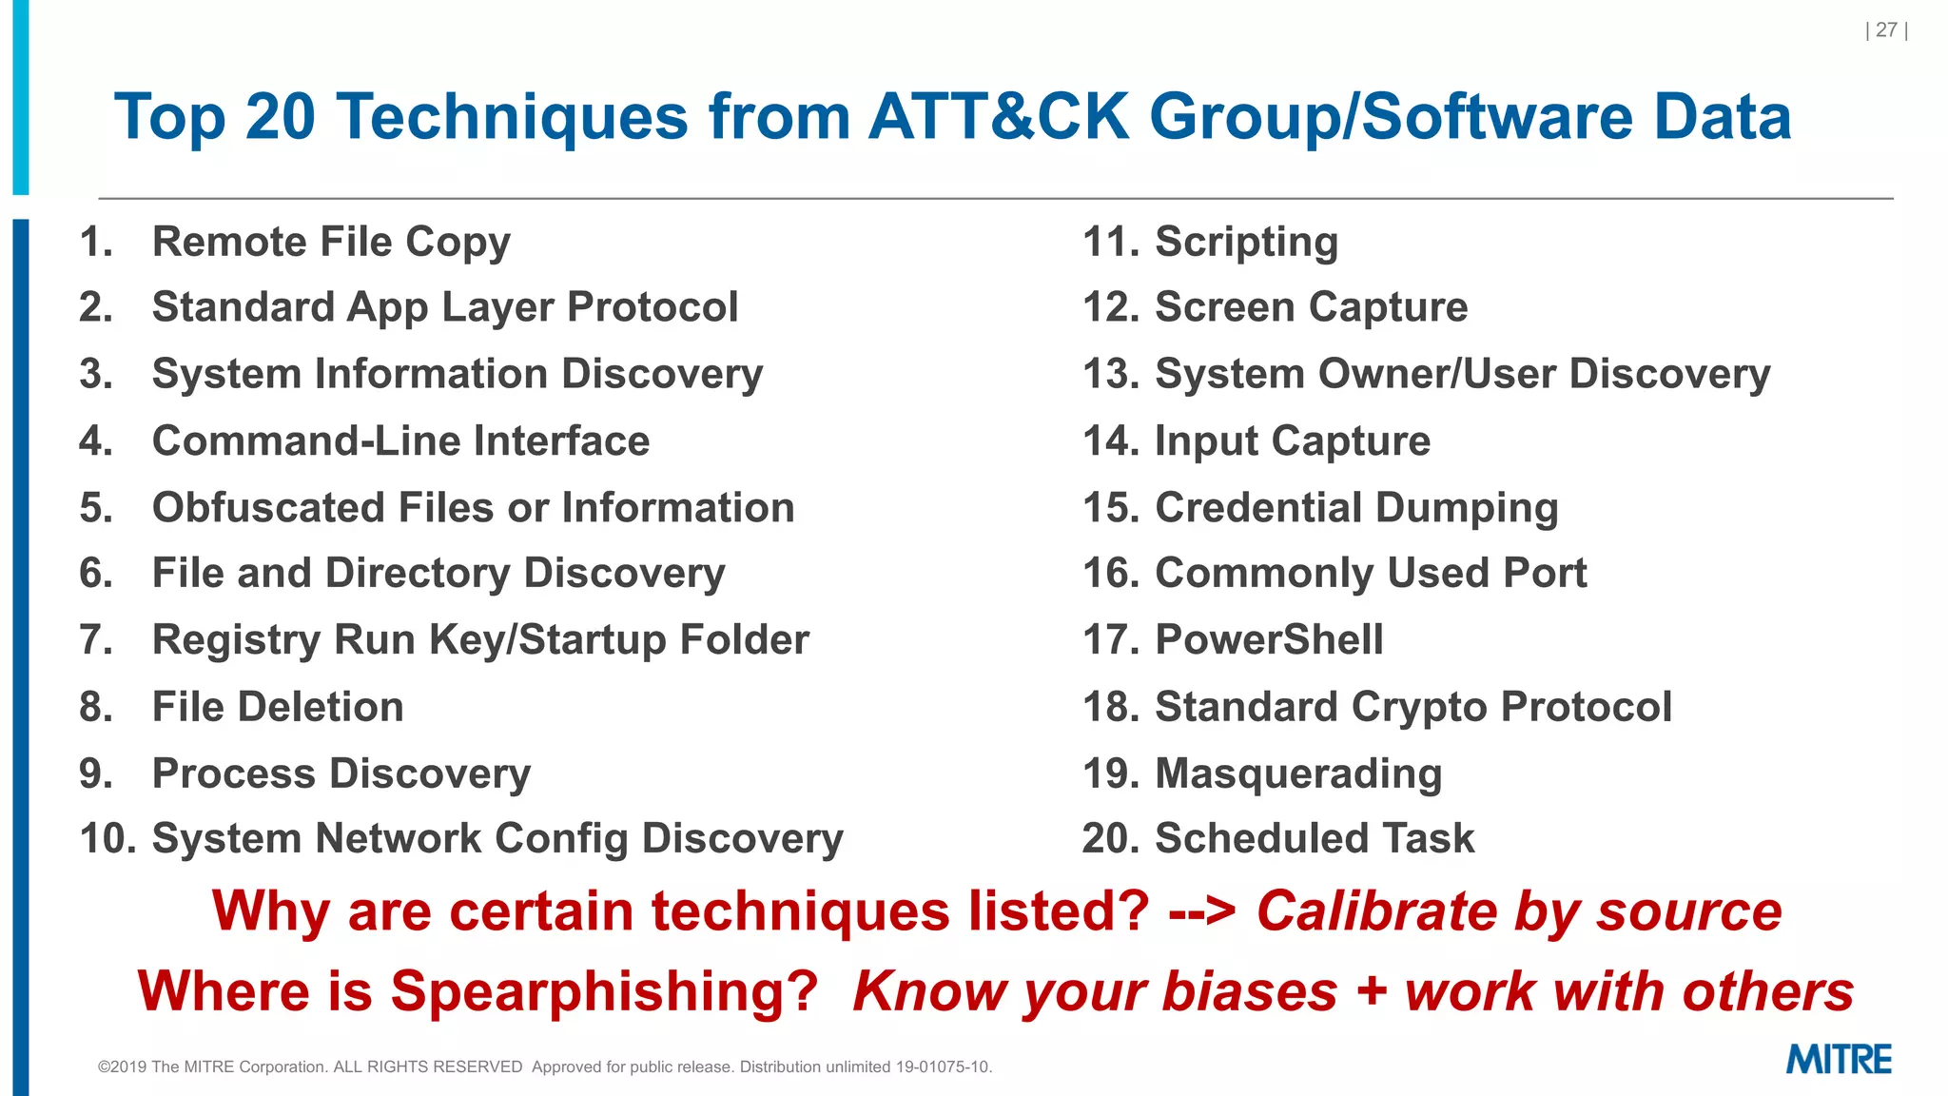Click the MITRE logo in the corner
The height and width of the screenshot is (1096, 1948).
click(1838, 1059)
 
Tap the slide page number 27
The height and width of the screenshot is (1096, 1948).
click(1886, 30)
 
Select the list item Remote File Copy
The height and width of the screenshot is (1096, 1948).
click(331, 242)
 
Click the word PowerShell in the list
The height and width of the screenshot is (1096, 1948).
click(1269, 639)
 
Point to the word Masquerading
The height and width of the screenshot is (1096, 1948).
click(1298, 773)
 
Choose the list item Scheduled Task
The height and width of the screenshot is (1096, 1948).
click(1314, 838)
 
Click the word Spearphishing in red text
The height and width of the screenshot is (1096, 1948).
click(604, 991)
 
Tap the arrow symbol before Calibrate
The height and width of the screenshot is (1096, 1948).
click(1202, 911)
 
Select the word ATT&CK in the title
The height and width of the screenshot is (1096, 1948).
click(998, 117)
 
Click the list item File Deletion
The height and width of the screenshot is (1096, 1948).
click(278, 707)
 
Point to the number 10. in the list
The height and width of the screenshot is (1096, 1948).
click(107, 838)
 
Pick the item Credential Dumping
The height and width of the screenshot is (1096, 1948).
click(1356, 508)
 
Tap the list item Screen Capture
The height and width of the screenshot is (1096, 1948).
click(1311, 307)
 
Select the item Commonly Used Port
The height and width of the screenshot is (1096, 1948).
click(1371, 573)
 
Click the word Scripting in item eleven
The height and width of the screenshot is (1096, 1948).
click(1246, 242)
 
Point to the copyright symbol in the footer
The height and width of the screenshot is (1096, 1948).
click(104, 1067)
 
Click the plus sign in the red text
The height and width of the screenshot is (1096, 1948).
click(1371, 991)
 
